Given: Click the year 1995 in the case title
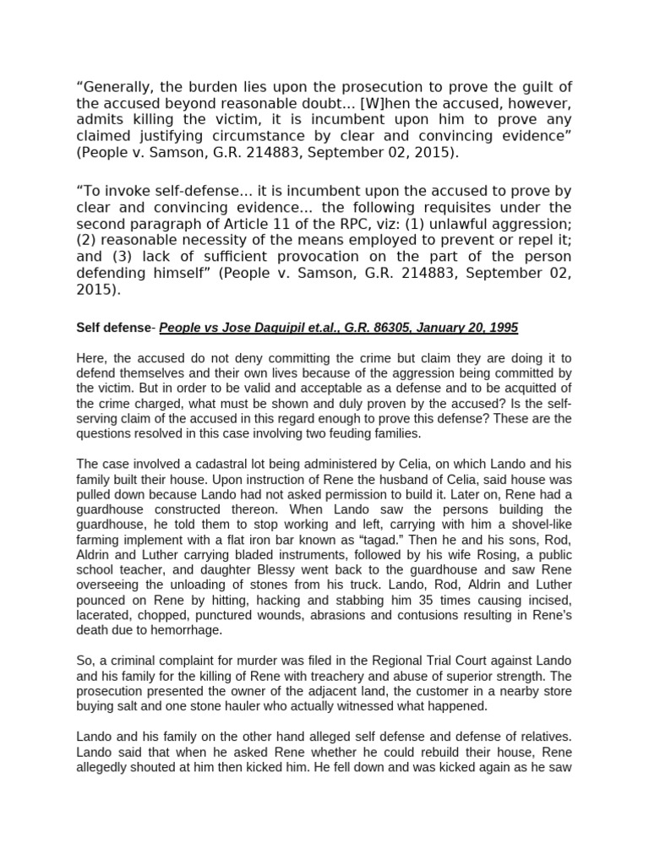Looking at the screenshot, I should [x=502, y=328].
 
